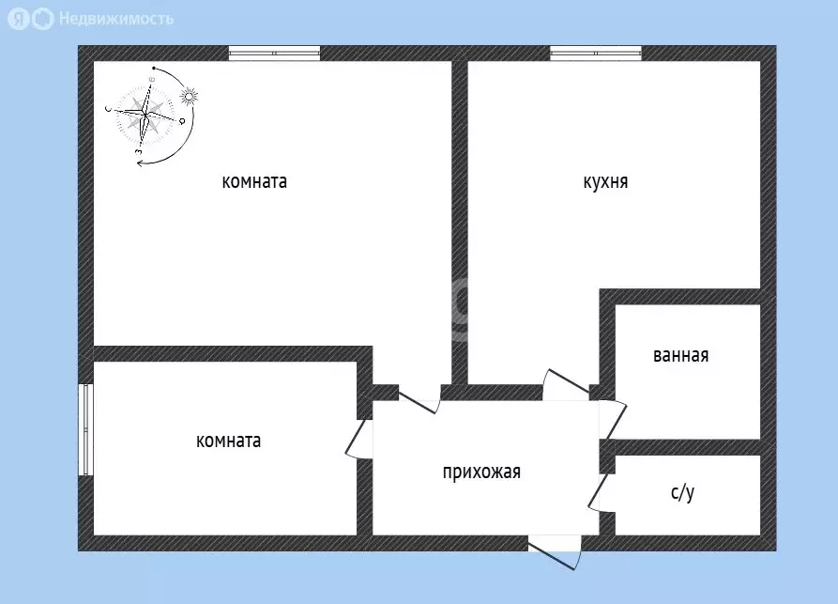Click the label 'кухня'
coord(605,182)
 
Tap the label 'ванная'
coord(680,356)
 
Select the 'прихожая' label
coord(481,472)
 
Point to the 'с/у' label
coord(682,493)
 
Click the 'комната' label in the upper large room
coord(254,182)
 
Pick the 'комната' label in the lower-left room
coord(229,441)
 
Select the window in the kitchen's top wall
coord(596,54)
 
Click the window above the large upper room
coord(274,54)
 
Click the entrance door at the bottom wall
coord(555,550)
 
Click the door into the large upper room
coord(419,398)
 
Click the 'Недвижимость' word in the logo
coord(115,18)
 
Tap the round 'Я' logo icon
coord(19,19)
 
